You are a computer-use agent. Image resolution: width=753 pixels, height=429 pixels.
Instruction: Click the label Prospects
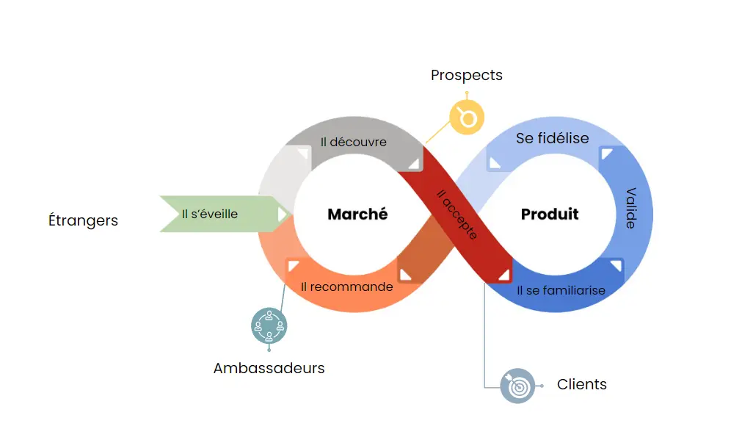466,75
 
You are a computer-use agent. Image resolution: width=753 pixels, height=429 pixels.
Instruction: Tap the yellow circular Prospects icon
468,117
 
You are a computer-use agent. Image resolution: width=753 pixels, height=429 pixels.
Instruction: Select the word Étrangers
83,220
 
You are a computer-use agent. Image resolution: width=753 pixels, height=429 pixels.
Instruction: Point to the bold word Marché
357,214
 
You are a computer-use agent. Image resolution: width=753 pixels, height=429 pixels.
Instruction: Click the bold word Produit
550,214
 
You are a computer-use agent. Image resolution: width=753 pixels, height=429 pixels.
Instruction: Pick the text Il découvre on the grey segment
353,142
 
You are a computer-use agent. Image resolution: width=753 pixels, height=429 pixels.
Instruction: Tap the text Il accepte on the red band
457,214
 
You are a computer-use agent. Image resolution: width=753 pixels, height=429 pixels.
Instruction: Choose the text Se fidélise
552,138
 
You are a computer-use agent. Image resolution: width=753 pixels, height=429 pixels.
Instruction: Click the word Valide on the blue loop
630,208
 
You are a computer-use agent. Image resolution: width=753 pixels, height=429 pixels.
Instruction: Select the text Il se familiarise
561,290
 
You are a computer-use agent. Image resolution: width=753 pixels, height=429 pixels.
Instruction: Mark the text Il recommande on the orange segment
347,286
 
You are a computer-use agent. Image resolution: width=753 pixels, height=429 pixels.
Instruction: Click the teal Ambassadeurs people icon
269,325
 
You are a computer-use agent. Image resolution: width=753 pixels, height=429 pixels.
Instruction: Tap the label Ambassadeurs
269,368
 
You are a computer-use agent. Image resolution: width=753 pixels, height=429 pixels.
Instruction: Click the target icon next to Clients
517,385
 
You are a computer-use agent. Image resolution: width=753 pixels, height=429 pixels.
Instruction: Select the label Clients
582,384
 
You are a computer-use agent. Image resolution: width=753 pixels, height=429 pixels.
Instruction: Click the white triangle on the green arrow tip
282,214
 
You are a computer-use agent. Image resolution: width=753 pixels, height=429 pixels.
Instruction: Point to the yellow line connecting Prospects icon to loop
438,132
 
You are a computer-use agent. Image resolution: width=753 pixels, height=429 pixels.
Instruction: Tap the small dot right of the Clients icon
542,386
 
